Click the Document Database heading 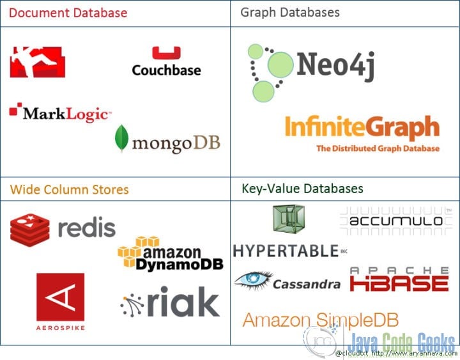[68, 13]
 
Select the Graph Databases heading [290, 13]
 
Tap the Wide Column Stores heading [69, 190]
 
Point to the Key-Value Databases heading [302, 189]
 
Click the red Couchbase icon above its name [166, 52]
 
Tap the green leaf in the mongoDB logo [121, 138]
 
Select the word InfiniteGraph [362, 127]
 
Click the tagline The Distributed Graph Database [378, 148]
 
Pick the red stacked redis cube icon [29, 230]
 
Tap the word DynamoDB [180, 265]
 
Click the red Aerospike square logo [61, 297]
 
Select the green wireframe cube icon [289, 219]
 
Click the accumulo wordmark [396, 221]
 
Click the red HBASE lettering [399, 283]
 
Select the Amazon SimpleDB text [321, 320]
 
